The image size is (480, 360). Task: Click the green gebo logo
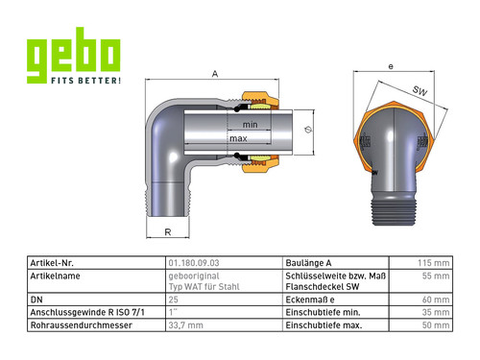[x=74, y=55]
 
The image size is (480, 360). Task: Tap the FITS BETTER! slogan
[x=86, y=81]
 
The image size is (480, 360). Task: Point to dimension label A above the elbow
[x=215, y=74]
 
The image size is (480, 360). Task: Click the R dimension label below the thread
[x=168, y=232]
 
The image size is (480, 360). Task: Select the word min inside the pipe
[x=250, y=125]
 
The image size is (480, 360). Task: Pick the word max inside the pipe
[x=238, y=138]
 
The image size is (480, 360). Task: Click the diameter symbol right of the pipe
[x=308, y=130]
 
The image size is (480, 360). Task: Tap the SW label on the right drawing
[x=420, y=91]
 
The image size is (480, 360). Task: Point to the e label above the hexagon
[x=391, y=66]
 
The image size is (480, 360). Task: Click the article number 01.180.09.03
[x=194, y=263]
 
